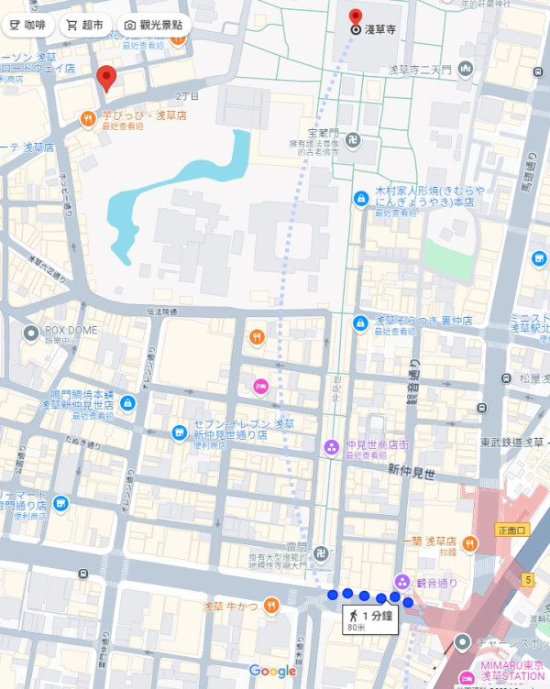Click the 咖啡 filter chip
(28, 25)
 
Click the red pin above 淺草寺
(356, 15)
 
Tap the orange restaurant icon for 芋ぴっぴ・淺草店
(86, 117)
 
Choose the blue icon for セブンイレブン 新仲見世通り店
(179, 432)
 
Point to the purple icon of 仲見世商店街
(331, 447)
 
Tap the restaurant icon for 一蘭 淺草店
(470, 543)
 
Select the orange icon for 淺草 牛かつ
(270, 605)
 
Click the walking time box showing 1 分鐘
(368, 620)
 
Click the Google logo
(272, 672)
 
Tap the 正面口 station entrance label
(511, 530)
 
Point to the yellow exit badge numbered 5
(528, 579)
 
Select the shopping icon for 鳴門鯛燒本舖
(127, 401)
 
